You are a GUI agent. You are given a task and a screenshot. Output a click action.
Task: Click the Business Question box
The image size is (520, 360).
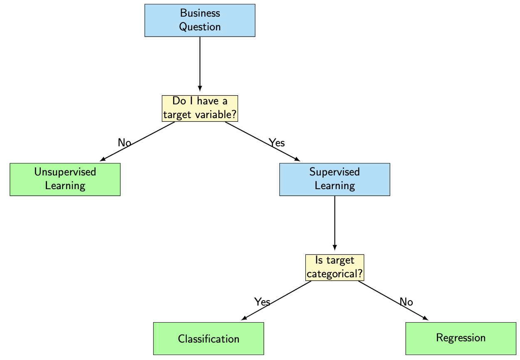point(200,20)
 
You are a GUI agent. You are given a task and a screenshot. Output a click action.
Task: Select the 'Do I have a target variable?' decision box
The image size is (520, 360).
point(200,108)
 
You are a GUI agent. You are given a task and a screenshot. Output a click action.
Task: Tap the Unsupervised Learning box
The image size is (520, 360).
point(65,179)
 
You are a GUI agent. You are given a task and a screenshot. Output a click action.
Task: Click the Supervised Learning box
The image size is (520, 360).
point(334,179)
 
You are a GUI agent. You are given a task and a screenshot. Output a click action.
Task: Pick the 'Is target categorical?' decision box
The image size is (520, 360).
point(334,268)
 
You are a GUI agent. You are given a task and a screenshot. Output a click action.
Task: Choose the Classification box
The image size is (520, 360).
point(208,338)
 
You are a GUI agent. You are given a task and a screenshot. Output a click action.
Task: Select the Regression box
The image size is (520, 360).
point(461,338)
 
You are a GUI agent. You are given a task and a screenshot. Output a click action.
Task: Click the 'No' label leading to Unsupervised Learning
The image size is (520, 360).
point(124,143)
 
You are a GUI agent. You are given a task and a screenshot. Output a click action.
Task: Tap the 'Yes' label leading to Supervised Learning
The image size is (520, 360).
point(277,143)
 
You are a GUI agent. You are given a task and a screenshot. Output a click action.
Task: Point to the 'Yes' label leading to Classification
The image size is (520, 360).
point(262,302)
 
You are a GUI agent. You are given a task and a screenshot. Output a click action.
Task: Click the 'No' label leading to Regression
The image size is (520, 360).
point(406,302)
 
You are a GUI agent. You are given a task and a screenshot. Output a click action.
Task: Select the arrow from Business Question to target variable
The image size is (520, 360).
point(200,62)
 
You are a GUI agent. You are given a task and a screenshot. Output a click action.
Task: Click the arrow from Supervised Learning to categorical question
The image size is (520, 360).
point(334,222)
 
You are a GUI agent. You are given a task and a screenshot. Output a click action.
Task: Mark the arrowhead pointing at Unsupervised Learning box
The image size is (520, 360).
point(102,159)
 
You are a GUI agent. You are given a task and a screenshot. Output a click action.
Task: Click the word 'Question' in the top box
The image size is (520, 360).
point(200,27)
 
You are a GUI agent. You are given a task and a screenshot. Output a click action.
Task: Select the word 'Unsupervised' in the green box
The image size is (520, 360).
point(65,172)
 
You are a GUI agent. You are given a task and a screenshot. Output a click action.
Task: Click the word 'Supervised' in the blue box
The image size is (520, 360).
point(334,172)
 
